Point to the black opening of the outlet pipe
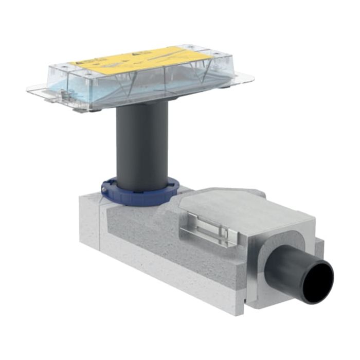[x=318, y=282]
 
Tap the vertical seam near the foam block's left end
[x=101, y=226]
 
